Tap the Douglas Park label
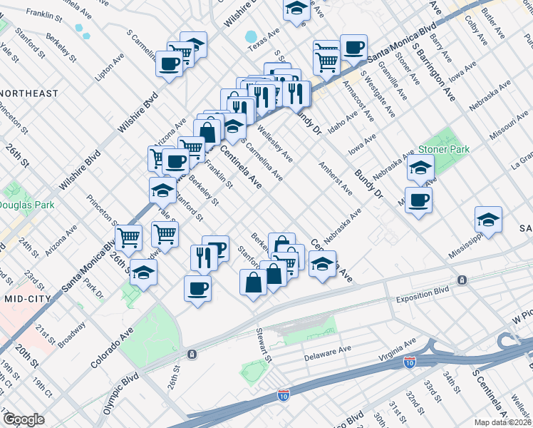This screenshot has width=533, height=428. point(24,205)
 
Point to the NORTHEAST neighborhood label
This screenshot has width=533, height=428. point(29,93)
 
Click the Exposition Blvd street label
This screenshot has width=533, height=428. point(425,292)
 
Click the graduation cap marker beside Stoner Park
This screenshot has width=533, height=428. point(420,169)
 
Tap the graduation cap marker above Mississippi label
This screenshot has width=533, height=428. point(488,219)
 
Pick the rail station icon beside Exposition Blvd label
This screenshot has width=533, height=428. point(462,280)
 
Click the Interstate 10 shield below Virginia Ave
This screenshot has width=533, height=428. point(410,364)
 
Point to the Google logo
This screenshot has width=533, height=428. point(24,419)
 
